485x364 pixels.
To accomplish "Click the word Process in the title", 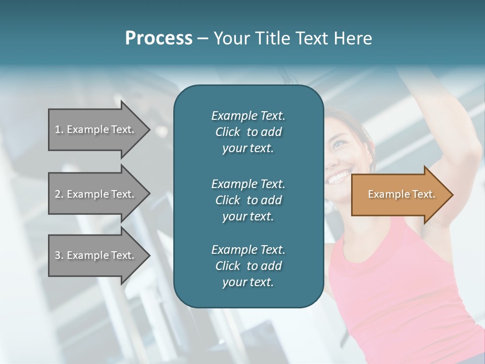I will coord(159,38).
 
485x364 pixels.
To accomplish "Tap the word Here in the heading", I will coord(354,38).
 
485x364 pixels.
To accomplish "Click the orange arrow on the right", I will coord(399,195).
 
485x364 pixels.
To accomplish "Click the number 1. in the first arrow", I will coord(59,129).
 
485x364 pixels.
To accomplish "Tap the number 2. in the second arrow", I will coord(59,194).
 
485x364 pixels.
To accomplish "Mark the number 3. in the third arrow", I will coord(59,255).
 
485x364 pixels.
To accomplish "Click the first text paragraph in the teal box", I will coord(248,132).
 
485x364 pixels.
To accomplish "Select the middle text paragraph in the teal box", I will coord(248,200).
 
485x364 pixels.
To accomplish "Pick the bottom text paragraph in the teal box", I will coord(248,266).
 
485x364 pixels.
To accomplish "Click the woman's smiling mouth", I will coord(337,177).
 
